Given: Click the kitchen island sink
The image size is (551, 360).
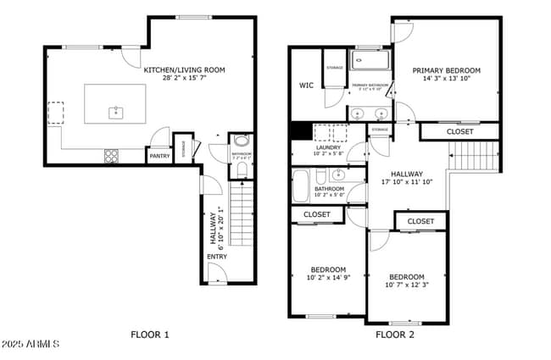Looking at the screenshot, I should tap(114, 112).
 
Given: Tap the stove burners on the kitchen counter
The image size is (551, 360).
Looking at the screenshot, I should tap(111, 155).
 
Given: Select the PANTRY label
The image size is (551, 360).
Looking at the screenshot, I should tap(159, 156).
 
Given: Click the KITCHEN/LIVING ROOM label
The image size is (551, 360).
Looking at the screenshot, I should tap(185, 70).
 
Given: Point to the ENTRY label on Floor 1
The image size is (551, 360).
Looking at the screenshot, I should tap(216, 257).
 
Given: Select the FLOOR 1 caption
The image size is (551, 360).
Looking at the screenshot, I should tap(150, 335).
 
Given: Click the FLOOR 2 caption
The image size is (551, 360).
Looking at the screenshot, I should tap(395, 335).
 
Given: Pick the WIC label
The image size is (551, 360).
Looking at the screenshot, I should tap(306, 85).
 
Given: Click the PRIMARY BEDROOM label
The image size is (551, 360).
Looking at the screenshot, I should tap(446, 70).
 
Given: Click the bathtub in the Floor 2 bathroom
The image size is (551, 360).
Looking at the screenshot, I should tap(302, 186).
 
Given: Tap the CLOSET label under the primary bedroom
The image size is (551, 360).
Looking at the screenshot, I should tap(459, 132).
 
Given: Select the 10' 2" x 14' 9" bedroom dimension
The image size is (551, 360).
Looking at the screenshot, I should tap(326, 277).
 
